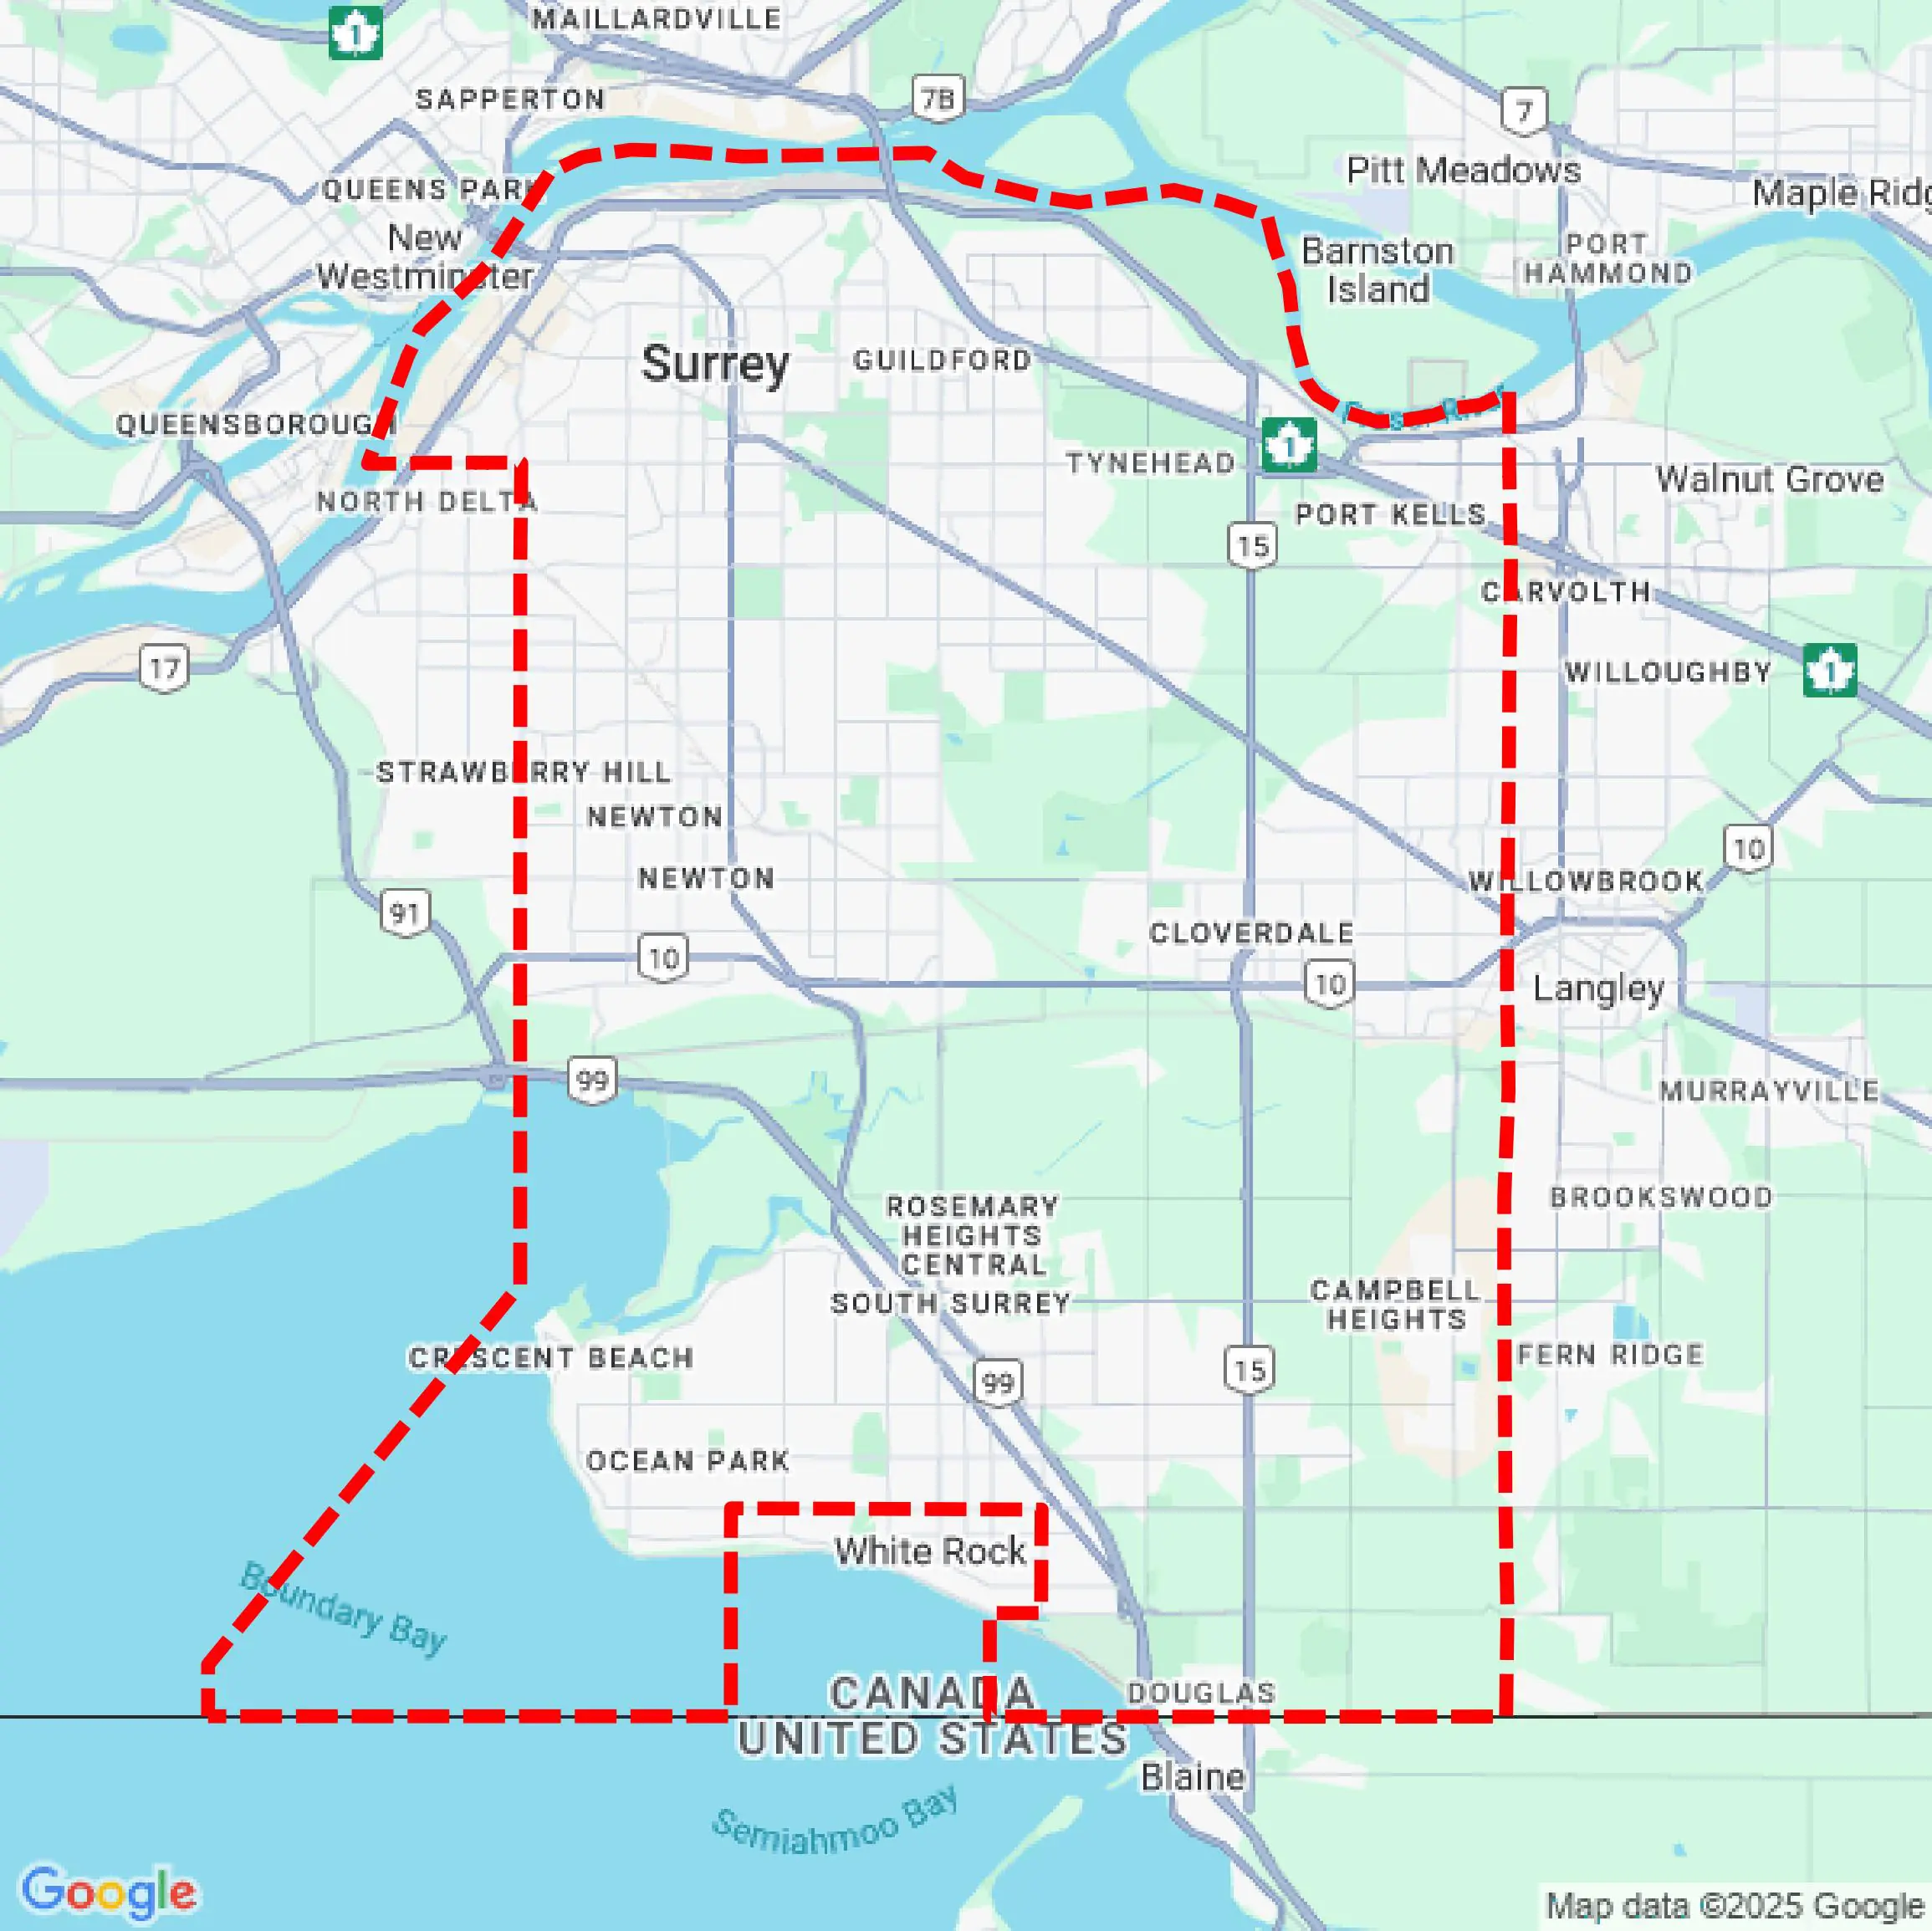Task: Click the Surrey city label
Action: coord(714,363)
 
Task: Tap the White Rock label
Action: coord(930,1551)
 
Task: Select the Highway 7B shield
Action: coord(938,99)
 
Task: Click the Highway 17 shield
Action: coord(164,668)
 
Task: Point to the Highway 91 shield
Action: coord(405,912)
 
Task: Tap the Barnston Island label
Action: coord(1377,270)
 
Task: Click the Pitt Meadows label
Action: coord(1463,170)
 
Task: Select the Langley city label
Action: coord(1598,989)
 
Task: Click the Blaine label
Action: coord(1193,1777)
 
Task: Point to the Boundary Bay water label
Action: coord(343,1608)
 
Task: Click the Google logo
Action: coord(108,1891)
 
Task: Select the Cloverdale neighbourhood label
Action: coord(1251,933)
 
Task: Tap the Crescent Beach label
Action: coord(550,1358)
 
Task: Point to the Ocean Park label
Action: coord(688,1461)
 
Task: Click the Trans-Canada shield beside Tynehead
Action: coord(1288,445)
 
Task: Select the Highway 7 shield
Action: coord(1524,110)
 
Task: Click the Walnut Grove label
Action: coord(1769,479)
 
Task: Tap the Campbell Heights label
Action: coord(1395,1305)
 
